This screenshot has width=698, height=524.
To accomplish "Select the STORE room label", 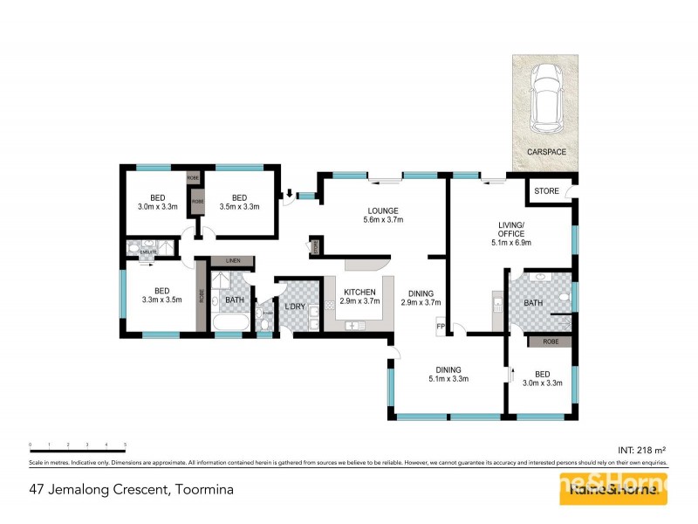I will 546,190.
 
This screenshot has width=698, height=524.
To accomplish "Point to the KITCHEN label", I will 359,292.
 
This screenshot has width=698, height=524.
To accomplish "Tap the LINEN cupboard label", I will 232,261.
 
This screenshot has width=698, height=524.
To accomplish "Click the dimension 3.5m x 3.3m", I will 239,207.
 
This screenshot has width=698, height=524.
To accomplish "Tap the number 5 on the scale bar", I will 126,445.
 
